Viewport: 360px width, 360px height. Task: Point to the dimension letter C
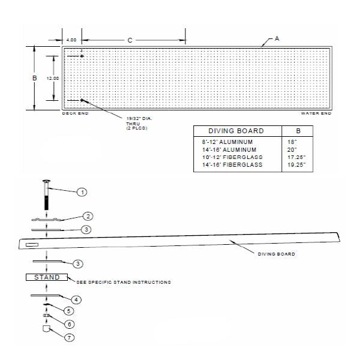pyautogui.click(x=129, y=40)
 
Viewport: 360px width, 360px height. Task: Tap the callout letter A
pyautogui.click(x=277, y=38)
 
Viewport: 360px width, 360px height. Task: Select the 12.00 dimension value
pyautogui.click(x=53, y=78)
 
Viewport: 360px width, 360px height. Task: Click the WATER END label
pyautogui.click(x=316, y=113)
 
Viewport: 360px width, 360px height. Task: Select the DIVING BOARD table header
pyautogui.click(x=236, y=131)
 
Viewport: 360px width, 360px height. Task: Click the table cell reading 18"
pyautogui.click(x=293, y=141)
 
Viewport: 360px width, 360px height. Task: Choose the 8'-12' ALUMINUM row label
pyautogui.click(x=229, y=141)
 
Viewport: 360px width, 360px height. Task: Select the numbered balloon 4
pyautogui.click(x=76, y=299)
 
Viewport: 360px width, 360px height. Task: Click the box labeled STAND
pyautogui.click(x=46, y=277)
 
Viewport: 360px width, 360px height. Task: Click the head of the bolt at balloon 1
pyautogui.click(x=46, y=182)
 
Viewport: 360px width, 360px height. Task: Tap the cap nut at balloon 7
pyautogui.click(x=46, y=329)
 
